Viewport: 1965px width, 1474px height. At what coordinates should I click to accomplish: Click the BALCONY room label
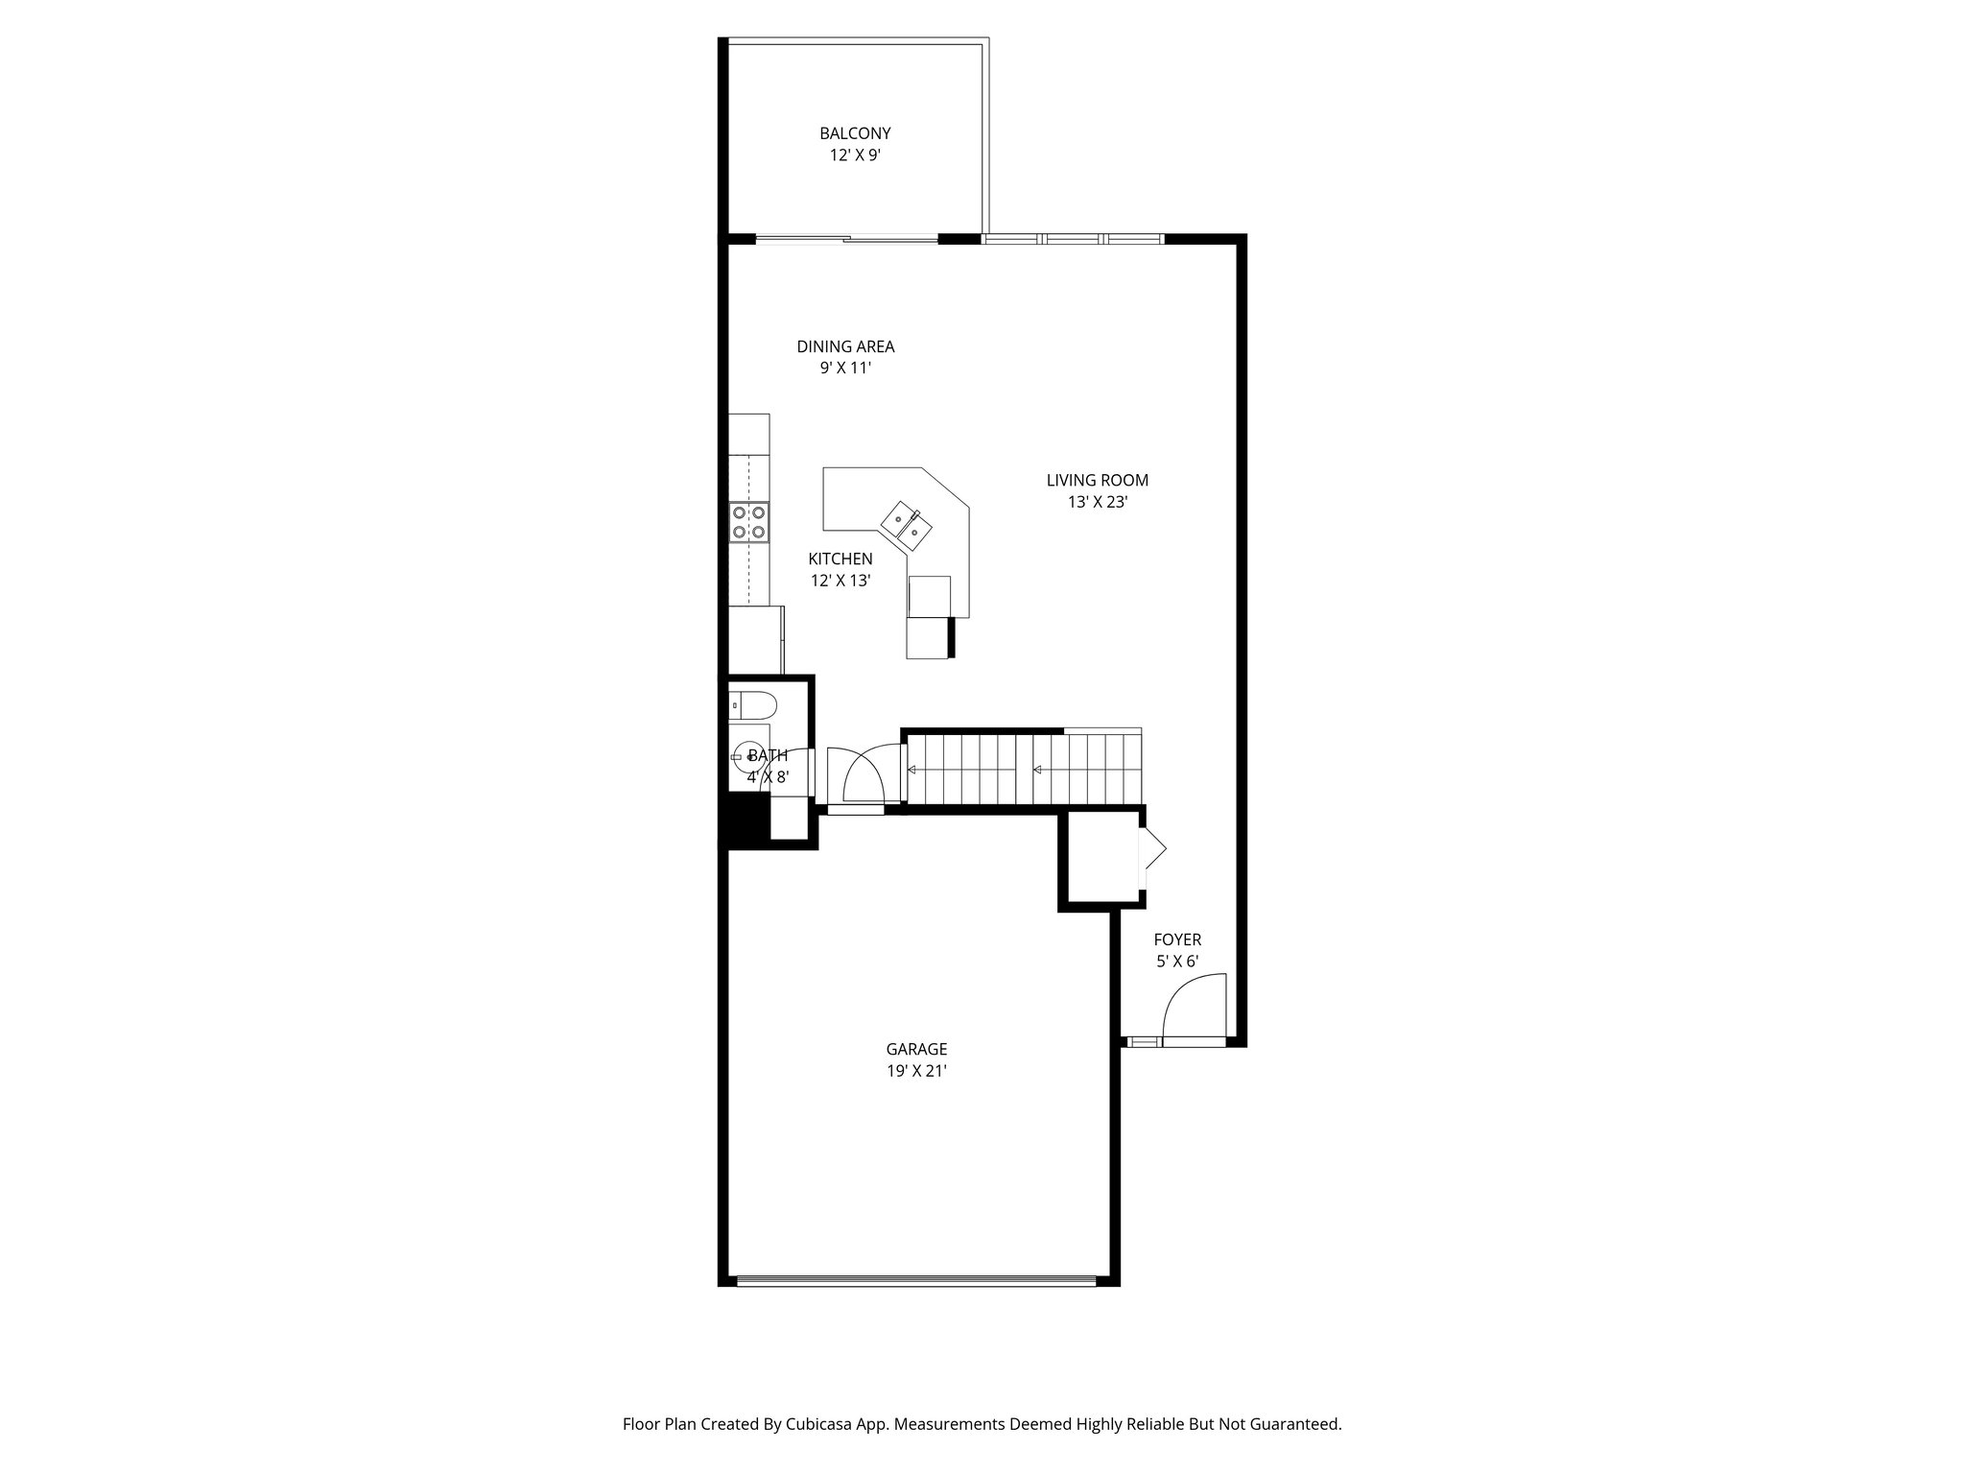(855, 134)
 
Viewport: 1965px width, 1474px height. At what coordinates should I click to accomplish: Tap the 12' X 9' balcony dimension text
(855, 155)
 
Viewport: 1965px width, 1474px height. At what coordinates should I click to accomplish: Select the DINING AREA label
(845, 346)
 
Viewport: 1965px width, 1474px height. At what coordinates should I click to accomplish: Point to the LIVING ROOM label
(1097, 480)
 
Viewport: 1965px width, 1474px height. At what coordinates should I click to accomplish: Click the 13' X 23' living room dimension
(1097, 502)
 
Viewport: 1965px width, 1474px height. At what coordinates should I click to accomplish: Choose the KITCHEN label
(840, 559)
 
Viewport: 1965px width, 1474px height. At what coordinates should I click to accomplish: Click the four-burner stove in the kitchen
(749, 522)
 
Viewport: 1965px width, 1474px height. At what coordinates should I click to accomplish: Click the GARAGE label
(916, 1050)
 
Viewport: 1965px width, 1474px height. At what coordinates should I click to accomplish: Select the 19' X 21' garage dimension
(916, 1072)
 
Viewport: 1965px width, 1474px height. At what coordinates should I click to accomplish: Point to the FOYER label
(1177, 939)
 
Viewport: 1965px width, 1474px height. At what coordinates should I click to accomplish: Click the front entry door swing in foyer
(1195, 1008)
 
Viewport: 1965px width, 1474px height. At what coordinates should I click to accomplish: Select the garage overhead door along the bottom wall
(916, 1280)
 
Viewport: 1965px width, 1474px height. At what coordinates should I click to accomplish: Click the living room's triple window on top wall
(1073, 238)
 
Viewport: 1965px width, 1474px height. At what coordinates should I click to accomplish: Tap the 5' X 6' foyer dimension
(1177, 962)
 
